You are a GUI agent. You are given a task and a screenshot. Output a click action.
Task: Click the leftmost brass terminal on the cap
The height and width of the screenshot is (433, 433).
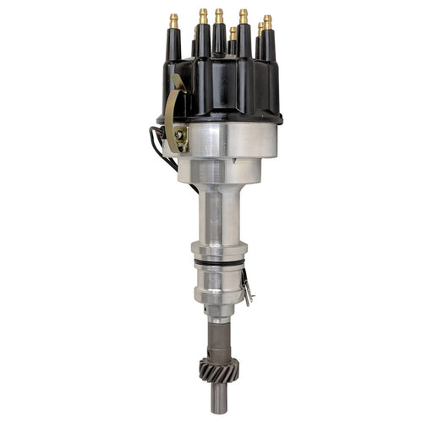click(174, 20)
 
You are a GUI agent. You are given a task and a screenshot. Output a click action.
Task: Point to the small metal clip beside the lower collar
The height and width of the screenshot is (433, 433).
click(247, 291)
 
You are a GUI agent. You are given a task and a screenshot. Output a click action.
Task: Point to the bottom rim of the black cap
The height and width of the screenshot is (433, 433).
click(222, 119)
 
